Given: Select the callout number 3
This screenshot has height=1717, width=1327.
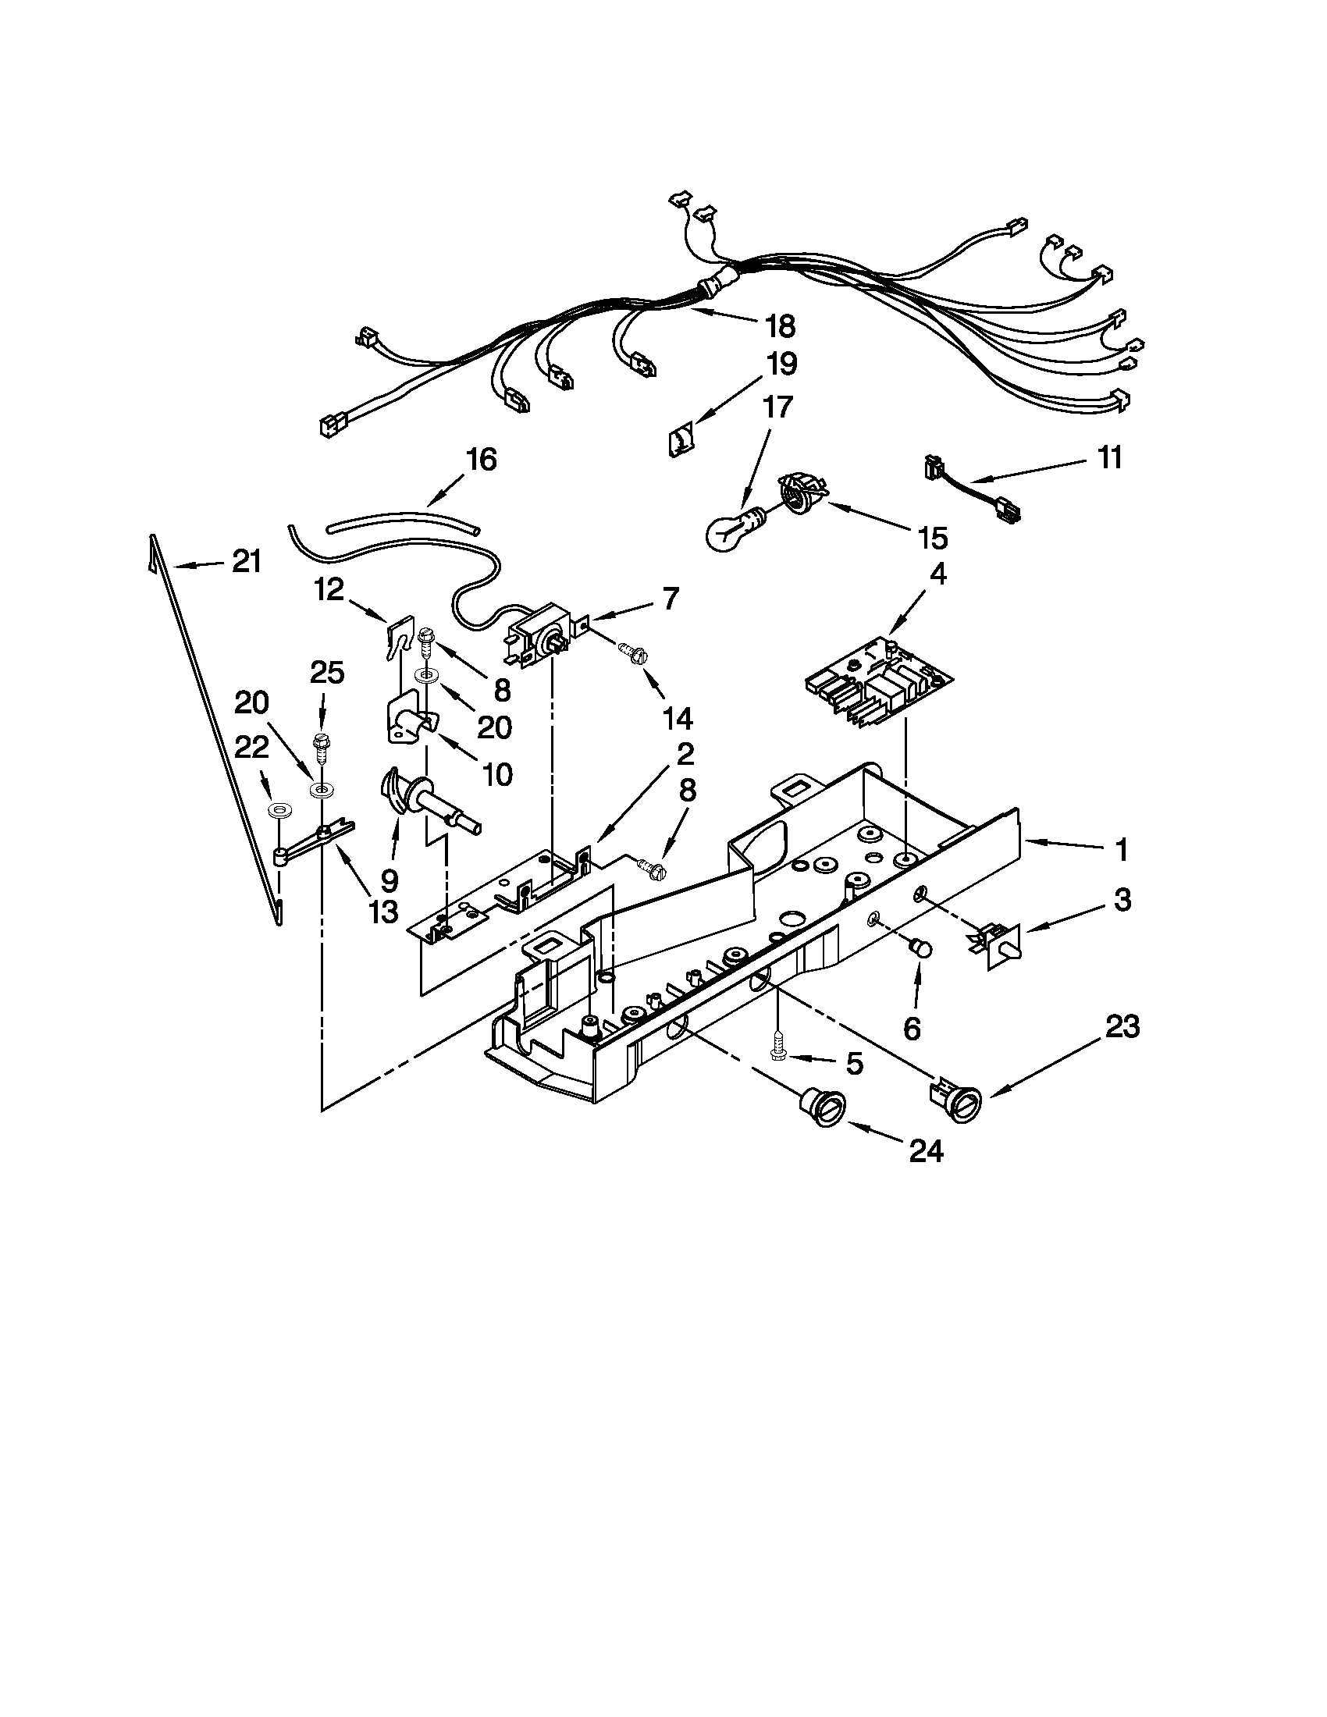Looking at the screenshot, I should (1122, 900).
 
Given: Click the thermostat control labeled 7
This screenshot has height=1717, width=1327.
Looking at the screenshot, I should (537, 633).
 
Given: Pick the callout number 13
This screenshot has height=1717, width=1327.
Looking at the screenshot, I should (382, 911).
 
